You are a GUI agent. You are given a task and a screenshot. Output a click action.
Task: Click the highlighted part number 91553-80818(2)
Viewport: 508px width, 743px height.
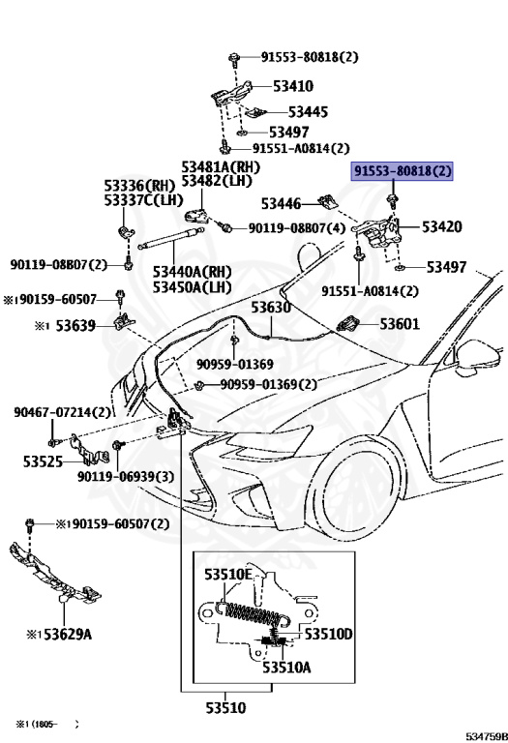click(x=402, y=170)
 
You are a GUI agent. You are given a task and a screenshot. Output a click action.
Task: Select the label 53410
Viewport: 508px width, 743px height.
click(x=293, y=86)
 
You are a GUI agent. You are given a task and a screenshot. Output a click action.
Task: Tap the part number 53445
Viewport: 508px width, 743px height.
click(x=308, y=112)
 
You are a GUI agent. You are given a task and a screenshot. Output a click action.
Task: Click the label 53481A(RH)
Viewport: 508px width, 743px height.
click(x=221, y=166)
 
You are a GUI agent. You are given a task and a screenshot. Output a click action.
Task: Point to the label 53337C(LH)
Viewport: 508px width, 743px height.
click(x=143, y=200)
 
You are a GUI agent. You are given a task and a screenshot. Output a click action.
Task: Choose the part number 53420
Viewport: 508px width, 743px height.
click(x=441, y=227)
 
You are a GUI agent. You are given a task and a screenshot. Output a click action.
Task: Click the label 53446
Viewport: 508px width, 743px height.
click(x=281, y=204)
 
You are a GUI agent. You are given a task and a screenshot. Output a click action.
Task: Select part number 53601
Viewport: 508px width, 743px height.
click(x=400, y=324)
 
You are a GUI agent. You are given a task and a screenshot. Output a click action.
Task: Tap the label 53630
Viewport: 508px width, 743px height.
click(x=271, y=308)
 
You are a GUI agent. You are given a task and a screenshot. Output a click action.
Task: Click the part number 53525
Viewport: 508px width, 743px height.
click(x=44, y=461)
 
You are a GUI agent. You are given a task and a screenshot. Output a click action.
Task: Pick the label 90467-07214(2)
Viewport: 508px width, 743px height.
click(x=62, y=412)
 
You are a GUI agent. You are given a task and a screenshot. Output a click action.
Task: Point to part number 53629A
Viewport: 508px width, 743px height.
click(x=68, y=634)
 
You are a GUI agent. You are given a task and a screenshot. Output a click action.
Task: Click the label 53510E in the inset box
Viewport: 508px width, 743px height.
click(x=228, y=575)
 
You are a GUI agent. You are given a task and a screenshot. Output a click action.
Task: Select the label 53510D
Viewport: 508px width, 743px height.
click(x=328, y=634)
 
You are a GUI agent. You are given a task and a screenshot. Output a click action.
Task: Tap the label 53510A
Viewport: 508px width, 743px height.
click(x=286, y=668)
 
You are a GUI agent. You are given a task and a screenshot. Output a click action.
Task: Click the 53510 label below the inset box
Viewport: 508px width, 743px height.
click(x=225, y=708)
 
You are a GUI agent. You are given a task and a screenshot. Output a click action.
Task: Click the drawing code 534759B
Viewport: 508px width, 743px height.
click(x=487, y=736)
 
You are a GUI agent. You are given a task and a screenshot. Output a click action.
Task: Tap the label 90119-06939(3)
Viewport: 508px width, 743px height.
click(x=126, y=476)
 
